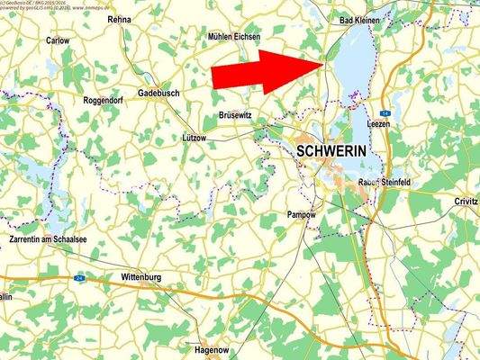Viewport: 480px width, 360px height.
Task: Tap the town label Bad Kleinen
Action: [x=358, y=19]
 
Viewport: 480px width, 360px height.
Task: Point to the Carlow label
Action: [x=58, y=40]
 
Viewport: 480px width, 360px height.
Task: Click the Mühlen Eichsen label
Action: [x=232, y=37]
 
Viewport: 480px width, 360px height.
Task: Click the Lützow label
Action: [x=195, y=138]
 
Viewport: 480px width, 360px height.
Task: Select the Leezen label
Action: [x=379, y=123]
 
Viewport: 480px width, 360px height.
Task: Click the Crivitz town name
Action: [x=466, y=202]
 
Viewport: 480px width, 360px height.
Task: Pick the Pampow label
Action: [x=301, y=215]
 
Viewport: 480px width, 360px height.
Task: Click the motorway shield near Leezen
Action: [x=383, y=103]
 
